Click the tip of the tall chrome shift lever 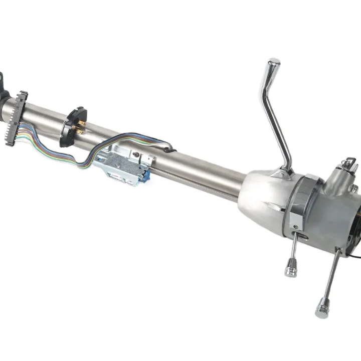(x=273, y=64)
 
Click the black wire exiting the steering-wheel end (x=354, y=255)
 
